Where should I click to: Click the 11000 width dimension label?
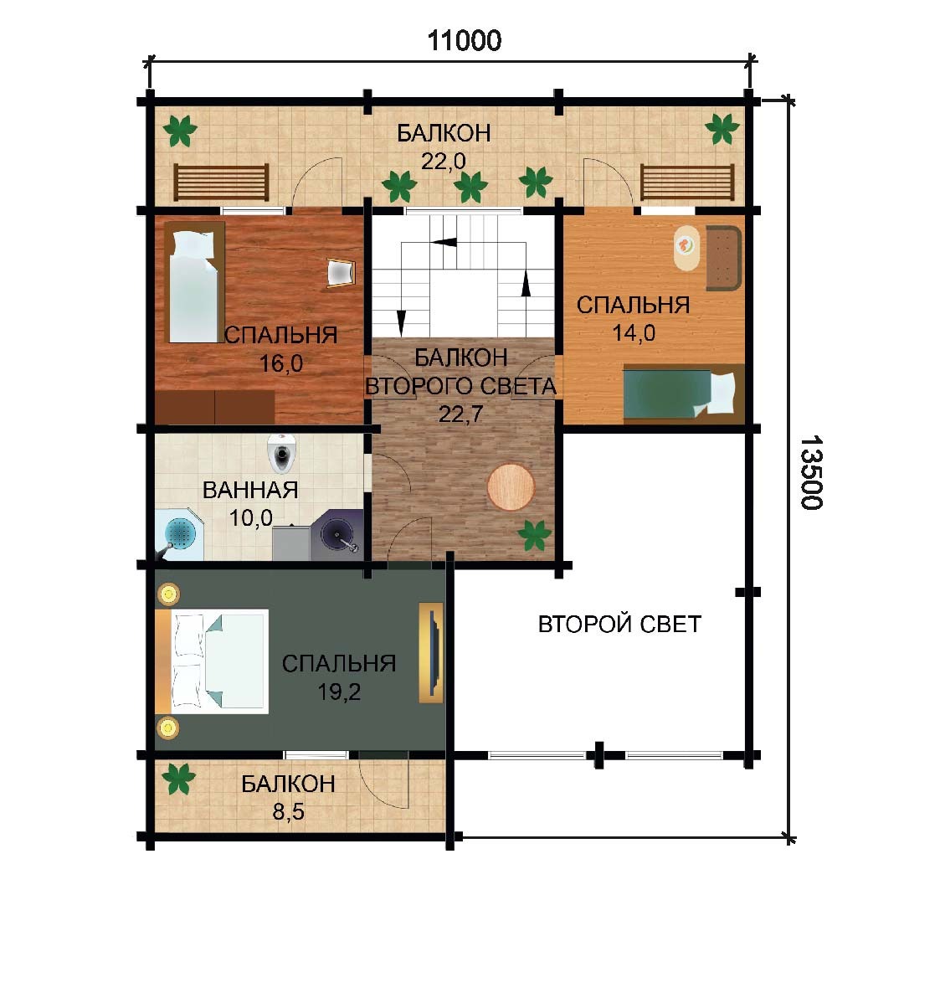(465, 41)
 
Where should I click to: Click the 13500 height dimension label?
(811, 473)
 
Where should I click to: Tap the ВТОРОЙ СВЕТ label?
(619, 624)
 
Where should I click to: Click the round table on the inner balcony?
(511, 486)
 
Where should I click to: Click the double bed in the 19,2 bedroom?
(212, 661)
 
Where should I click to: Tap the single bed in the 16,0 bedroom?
(195, 282)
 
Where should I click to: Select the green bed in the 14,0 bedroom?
(684, 393)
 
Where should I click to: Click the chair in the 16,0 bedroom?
(340, 273)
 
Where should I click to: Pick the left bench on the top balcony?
(221, 183)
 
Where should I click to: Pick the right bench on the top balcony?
(687, 183)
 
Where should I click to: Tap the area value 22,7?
(460, 414)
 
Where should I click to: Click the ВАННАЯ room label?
(250, 490)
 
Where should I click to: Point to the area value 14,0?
(634, 332)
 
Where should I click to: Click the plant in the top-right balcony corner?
(722, 129)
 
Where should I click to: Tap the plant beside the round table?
(535, 535)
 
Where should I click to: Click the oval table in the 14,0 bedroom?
(686, 248)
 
